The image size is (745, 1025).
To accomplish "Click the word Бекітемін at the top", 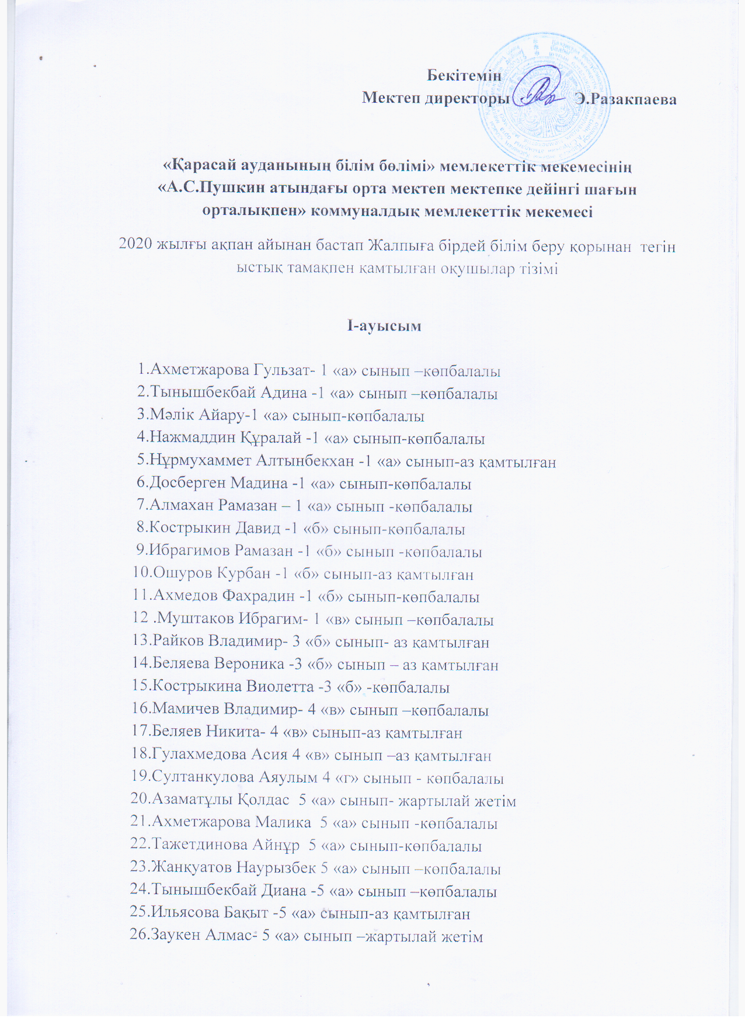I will coord(464,75).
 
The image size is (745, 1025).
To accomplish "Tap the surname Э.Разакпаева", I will coord(626,99).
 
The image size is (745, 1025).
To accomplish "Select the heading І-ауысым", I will coord(384,326).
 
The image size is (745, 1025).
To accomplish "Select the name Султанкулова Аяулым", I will coord(234,777).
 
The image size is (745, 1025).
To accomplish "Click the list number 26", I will coord(140,936).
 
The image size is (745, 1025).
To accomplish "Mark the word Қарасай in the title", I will coord(196,166).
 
